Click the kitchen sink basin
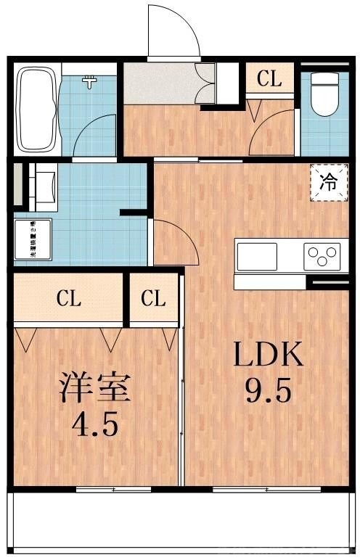tap(257, 256)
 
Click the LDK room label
tap(266, 357)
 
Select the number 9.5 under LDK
tap(267, 392)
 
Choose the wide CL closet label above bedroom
tap(70, 298)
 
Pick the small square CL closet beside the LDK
tap(154, 298)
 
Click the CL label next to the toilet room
tap(269, 79)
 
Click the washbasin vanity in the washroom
tap(41, 186)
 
